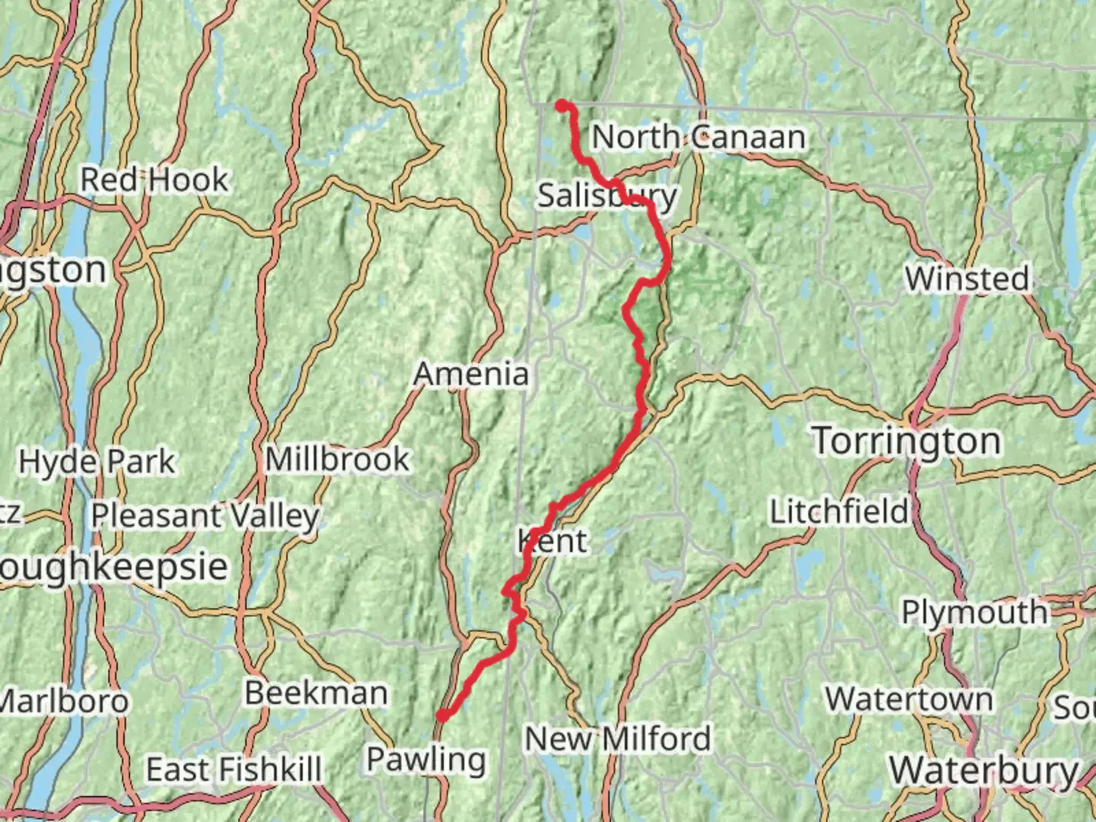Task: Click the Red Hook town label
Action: (x=154, y=180)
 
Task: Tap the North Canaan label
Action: (x=698, y=137)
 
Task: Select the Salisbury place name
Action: (x=607, y=196)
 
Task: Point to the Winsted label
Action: (x=967, y=279)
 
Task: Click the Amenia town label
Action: (x=471, y=374)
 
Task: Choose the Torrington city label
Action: (x=906, y=441)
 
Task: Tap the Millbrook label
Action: (x=337, y=459)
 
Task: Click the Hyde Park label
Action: (x=97, y=461)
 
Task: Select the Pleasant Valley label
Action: (x=205, y=516)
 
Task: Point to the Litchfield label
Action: (x=840, y=511)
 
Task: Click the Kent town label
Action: (x=553, y=542)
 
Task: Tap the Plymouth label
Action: (x=974, y=612)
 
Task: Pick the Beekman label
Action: (x=316, y=693)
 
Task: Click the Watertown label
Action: (x=909, y=699)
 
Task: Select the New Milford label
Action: (x=617, y=738)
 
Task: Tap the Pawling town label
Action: (x=425, y=759)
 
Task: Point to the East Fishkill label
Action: (x=234, y=769)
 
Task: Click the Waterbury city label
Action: (x=984, y=770)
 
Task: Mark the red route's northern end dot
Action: (x=562, y=106)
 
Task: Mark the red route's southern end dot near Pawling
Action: (x=442, y=715)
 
